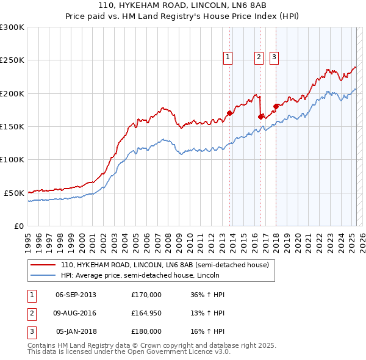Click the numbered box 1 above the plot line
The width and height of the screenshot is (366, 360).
(228, 57)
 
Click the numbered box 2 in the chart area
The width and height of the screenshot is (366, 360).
(259, 57)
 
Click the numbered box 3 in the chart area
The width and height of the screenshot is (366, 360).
(274, 57)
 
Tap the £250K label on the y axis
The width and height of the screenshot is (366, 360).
(12, 60)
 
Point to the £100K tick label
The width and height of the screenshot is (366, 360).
(12, 159)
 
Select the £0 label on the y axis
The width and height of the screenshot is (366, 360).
(19, 226)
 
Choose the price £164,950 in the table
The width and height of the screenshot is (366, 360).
(146, 314)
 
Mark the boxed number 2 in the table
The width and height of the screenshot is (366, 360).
(31, 314)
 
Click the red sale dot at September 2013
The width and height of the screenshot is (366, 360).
(230, 113)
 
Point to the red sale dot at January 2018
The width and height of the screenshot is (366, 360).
(276, 106)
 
